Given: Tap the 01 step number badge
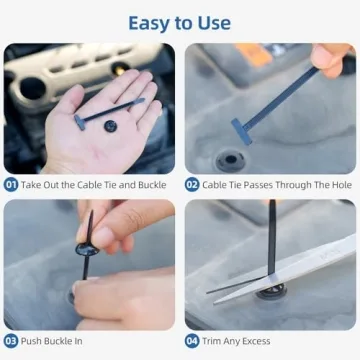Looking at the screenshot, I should click(x=11, y=184).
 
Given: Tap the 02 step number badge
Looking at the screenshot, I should click(x=192, y=184).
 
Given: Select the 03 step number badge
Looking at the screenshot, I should click(x=11, y=340).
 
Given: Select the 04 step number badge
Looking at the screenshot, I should click(x=192, y=340).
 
